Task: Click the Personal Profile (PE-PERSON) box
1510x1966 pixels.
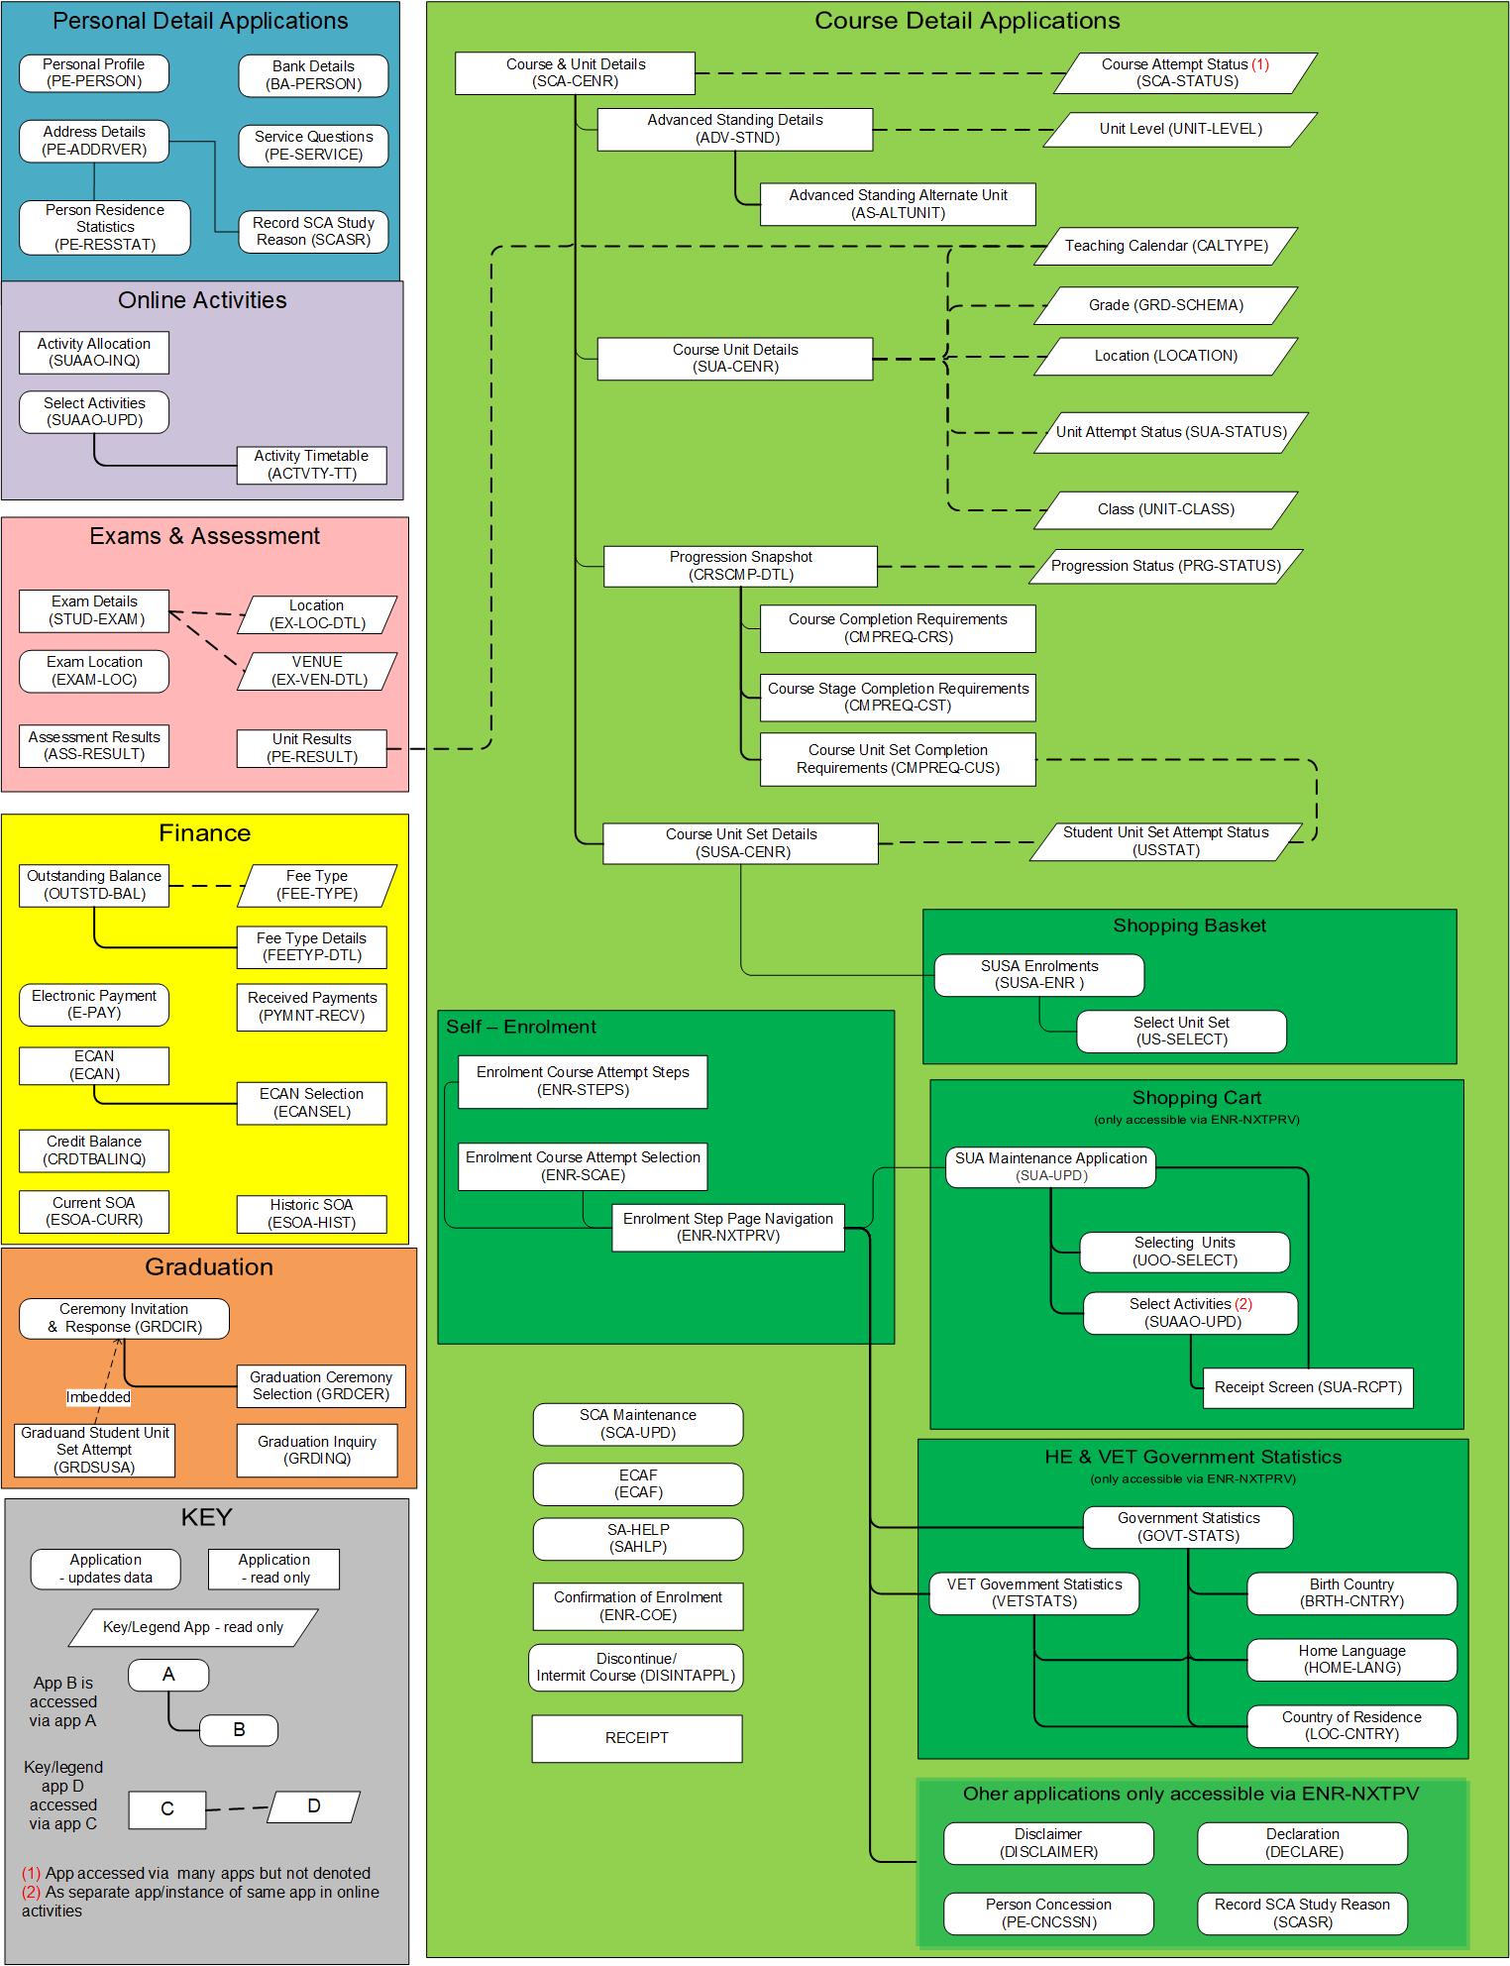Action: (94, 73)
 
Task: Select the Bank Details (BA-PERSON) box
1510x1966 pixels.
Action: (313, 75)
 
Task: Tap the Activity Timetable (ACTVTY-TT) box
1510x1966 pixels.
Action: (311, 465)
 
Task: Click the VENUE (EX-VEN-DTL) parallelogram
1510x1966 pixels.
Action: (318, 671)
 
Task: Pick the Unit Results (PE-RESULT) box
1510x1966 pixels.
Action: (311, 748)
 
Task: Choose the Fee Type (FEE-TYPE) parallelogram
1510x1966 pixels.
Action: (317, 885)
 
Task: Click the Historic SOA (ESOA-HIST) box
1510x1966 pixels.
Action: (311, 1214)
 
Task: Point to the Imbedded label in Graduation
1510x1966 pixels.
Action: (98, 1397)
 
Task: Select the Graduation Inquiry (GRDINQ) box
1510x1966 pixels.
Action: (317, 1450)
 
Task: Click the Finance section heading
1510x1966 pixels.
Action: (204, 833)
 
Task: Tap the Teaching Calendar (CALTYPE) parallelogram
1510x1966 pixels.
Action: (1165, 246)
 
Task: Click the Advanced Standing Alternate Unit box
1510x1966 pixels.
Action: (898, 204)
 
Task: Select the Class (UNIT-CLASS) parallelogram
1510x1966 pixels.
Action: (1165, 509)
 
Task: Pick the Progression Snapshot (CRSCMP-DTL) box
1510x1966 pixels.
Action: (740, 566)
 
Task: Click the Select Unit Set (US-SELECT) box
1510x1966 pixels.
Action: (1181, 1031)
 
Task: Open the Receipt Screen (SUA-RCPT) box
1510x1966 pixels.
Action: (1308, 1387)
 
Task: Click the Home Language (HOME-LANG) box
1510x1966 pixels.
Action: (1351, 1659)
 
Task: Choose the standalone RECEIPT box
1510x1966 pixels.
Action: (636, 1738)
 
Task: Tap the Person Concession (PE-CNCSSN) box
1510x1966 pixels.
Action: (1048, 1912)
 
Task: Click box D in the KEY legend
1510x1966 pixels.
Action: (314, 1806)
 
